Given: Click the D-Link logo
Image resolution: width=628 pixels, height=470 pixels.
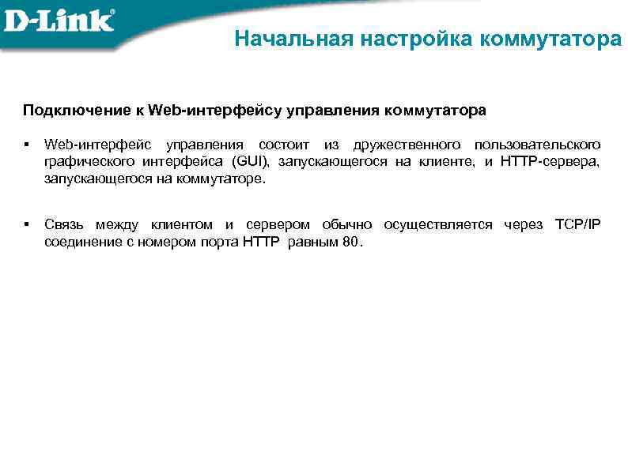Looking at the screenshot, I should click(59, 21).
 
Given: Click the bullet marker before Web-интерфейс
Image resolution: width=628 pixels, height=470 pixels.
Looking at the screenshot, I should click(26, 145).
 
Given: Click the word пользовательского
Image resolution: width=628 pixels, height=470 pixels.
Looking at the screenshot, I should click(537, 145).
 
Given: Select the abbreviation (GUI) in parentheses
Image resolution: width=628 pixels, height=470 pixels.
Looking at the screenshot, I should click(251, 162).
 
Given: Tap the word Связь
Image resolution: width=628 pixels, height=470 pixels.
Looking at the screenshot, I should click(64, 225).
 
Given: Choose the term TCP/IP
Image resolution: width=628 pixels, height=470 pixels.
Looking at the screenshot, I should click(577, 225).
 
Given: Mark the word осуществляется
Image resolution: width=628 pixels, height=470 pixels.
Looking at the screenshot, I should click(437, 225).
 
